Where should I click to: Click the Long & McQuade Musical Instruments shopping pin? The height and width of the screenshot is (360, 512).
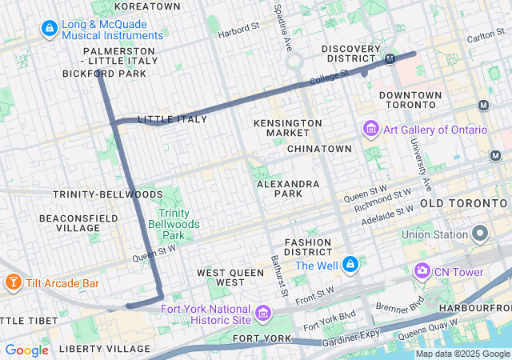click(50, 30)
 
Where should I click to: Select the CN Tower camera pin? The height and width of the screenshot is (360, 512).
click(422, 272)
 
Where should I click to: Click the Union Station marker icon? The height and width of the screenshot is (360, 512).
click(480, 234)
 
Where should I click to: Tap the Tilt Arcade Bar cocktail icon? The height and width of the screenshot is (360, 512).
click(13, 283)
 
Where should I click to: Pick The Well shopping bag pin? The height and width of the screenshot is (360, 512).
click(350, 265)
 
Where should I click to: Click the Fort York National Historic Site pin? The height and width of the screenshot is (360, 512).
click(264, 310)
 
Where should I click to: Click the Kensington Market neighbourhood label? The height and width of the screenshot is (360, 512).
click(287, 127)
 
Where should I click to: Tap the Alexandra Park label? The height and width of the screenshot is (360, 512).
click(289, 189)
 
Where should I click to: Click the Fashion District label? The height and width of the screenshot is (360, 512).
click(307, 247)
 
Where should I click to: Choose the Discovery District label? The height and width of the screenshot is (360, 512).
click(350, 50)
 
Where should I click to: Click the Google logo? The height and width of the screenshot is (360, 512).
click(27, 350)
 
